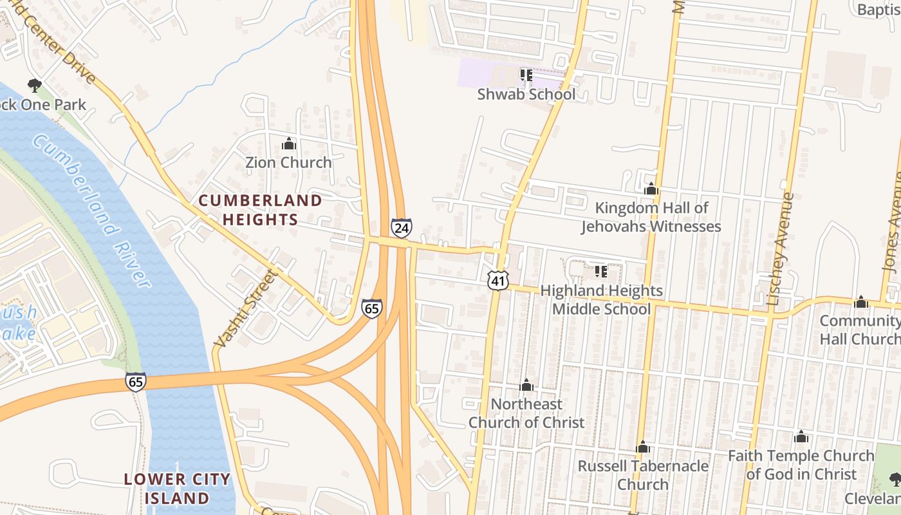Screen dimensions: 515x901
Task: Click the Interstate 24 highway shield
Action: [x=401, y=228]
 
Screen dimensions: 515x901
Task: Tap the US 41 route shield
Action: [x=497, y=280]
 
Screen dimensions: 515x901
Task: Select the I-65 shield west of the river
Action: [x=136, y=381]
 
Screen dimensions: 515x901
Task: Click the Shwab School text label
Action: [x=526, y=94]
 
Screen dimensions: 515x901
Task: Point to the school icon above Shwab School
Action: [x=526, y=75]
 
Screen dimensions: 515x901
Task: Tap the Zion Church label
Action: [x=288, y=162]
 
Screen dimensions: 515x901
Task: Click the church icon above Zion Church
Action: [x=289, y=144]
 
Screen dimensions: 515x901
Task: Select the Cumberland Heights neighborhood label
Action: [x=260, y=210]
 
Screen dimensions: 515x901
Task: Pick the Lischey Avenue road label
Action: [x=781, y=248]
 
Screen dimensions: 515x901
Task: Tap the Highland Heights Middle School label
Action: [x=601, y=300]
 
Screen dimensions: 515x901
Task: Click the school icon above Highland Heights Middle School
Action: [x=601, y=272]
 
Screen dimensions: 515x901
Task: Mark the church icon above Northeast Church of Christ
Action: [x=526, y=385]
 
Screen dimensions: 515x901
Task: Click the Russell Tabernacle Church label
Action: [x=643, y=474]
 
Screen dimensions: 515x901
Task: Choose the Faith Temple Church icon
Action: [x=801, y=437]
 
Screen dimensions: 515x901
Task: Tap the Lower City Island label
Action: [x=176, y=489]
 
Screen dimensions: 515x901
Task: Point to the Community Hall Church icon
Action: [x=861, y=303]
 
